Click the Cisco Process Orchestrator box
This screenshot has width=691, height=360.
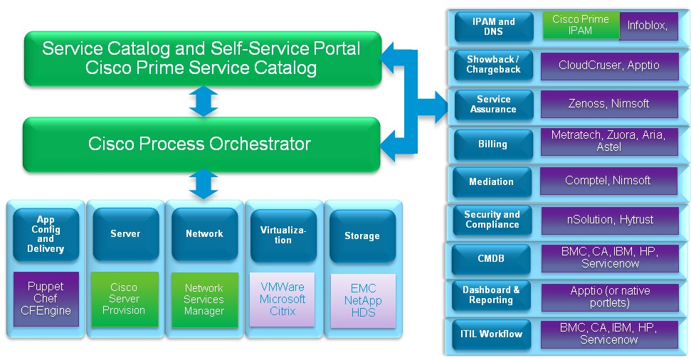pyautogui.click(x=201, y=144)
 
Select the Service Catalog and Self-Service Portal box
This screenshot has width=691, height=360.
pyautogui.click(x=201, y=58)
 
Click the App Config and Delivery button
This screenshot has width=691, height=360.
pyautogui.click(x=46, y=234)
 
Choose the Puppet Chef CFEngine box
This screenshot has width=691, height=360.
pyautogui.click(x=46, y=299)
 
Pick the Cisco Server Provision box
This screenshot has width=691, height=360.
pyautogui.click(x=125, y=299)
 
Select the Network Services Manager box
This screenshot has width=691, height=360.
pyautogui.click(x=204, y=299)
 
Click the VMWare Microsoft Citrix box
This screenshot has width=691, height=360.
pyautogui.click(x=283, y=299)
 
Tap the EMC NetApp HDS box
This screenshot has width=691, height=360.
pyautogui.click(x=362, y=300)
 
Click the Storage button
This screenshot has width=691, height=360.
pyautogui.click(x=362, y=235)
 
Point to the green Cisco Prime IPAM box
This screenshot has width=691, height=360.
pyautogui.click(x=581, y=26)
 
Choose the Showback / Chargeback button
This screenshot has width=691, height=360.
pyautogui.click(x=492, y=65)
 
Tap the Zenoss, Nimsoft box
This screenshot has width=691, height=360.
pyautogui.click(x=608, y=104)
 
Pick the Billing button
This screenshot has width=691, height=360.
pyautogui.click(x=492, y=144)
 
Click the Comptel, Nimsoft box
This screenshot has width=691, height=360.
pyautogui.click(x=608, y=181)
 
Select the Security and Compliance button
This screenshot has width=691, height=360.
pyautogui.click(x=492, y=220)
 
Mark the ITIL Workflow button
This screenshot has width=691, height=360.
pyautogui.click(x=491, y=334)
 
